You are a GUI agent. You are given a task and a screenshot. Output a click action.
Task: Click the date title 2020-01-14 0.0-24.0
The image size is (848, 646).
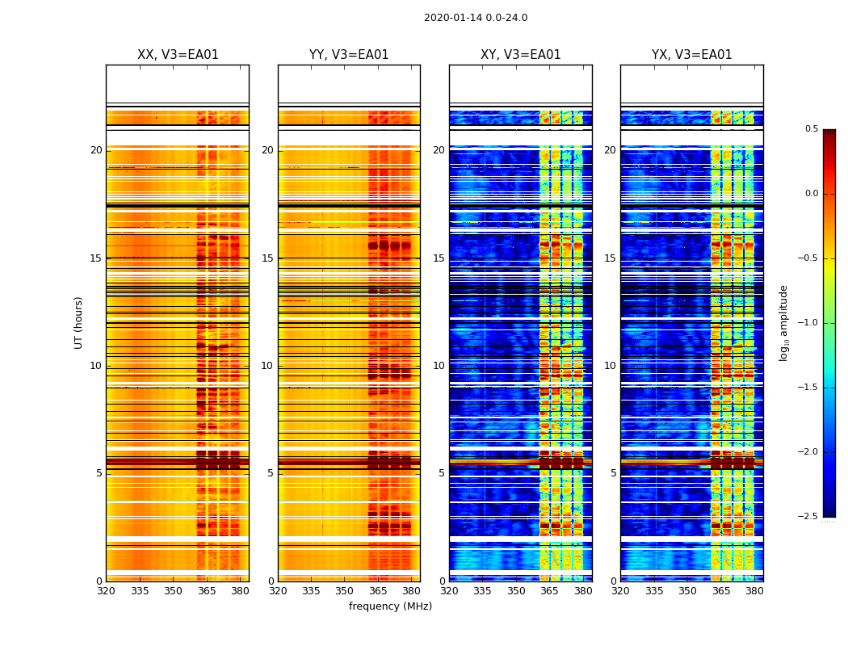tap(476, 18)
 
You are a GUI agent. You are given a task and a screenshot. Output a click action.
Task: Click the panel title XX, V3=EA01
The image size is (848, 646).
tap(178, 55)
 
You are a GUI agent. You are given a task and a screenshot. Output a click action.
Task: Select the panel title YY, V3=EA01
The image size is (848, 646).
tap(349, 55)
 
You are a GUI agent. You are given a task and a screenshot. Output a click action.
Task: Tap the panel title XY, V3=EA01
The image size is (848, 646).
tap(520, 55)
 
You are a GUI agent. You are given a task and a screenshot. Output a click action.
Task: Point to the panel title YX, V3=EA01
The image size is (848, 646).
tap(692, 55)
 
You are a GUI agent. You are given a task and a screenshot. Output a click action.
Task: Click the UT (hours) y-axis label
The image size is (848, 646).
tap(79, 322)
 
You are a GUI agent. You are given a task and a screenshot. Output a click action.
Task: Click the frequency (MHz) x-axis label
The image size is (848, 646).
tap(390, 606)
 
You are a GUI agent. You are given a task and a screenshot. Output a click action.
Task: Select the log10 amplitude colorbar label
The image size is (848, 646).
tap(783, 322)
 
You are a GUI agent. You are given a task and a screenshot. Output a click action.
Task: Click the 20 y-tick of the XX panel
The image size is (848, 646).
tap(96, 150)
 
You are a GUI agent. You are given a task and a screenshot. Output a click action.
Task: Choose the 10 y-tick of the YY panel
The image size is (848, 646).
tap(267, 366)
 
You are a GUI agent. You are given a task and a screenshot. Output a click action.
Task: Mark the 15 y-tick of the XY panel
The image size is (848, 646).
tap(439, 258)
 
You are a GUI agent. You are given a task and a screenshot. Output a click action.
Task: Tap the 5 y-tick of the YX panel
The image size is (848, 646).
tap(613, 473)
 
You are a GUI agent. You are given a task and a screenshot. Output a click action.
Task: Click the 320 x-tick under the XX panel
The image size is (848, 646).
tap(106, 591)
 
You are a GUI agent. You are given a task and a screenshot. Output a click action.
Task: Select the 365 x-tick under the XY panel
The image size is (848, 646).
tap(549, 591)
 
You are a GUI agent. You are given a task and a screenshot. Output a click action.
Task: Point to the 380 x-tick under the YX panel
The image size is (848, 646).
tap(754, 591)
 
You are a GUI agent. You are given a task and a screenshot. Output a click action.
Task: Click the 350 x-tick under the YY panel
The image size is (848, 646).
tap(345, 591)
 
